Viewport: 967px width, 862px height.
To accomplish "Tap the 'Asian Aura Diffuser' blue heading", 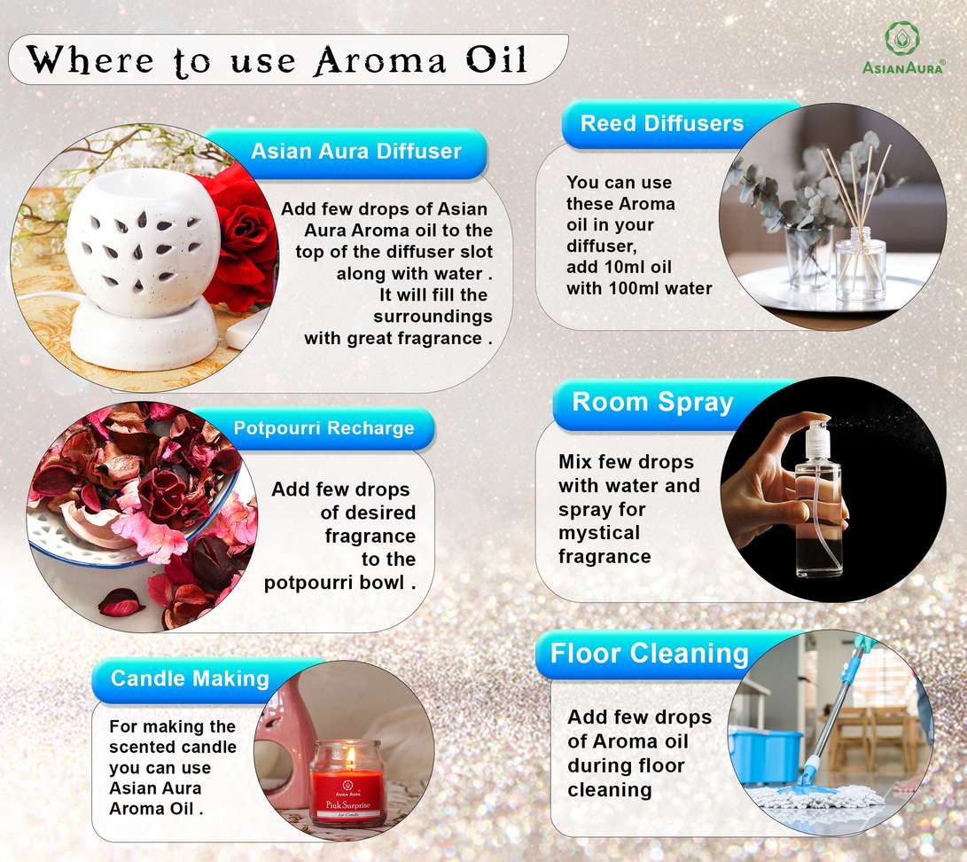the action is tap(355, 151).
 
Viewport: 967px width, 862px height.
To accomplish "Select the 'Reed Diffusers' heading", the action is tap(662, 123).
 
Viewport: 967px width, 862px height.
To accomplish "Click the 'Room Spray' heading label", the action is tap(652, 403).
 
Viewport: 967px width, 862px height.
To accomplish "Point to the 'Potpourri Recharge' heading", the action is tap(324, 428).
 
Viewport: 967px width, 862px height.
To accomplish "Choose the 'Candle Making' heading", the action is tap(190, 678).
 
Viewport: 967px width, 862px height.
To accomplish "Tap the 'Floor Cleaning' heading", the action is tap(649, 654).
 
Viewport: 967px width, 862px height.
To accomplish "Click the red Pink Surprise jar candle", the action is tap(347, 784).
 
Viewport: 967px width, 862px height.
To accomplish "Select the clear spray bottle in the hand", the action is tap(818, 500).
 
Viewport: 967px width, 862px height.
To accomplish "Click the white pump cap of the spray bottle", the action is tap(818, 439).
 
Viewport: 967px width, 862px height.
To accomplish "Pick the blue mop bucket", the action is tap(767, 756).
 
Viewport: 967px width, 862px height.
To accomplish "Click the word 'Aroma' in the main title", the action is tap(378, 60).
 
